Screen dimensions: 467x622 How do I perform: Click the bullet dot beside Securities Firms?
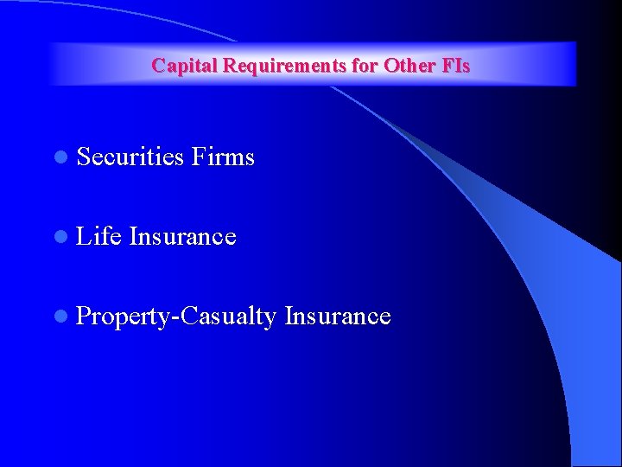click(59, 157)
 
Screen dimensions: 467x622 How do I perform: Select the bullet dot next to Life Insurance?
click(59, 237)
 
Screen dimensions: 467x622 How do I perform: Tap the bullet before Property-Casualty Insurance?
click(59, 317)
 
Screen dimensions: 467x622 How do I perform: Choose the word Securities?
click(130, 157)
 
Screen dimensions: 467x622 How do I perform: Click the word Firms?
click(224, 157)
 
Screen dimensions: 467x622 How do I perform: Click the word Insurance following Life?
click(182, 236)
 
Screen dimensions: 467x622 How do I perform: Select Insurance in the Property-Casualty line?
click(338, 316)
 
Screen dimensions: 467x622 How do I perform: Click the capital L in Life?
click(83, 236)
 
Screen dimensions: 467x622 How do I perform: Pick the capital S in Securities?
click(84, 157)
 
